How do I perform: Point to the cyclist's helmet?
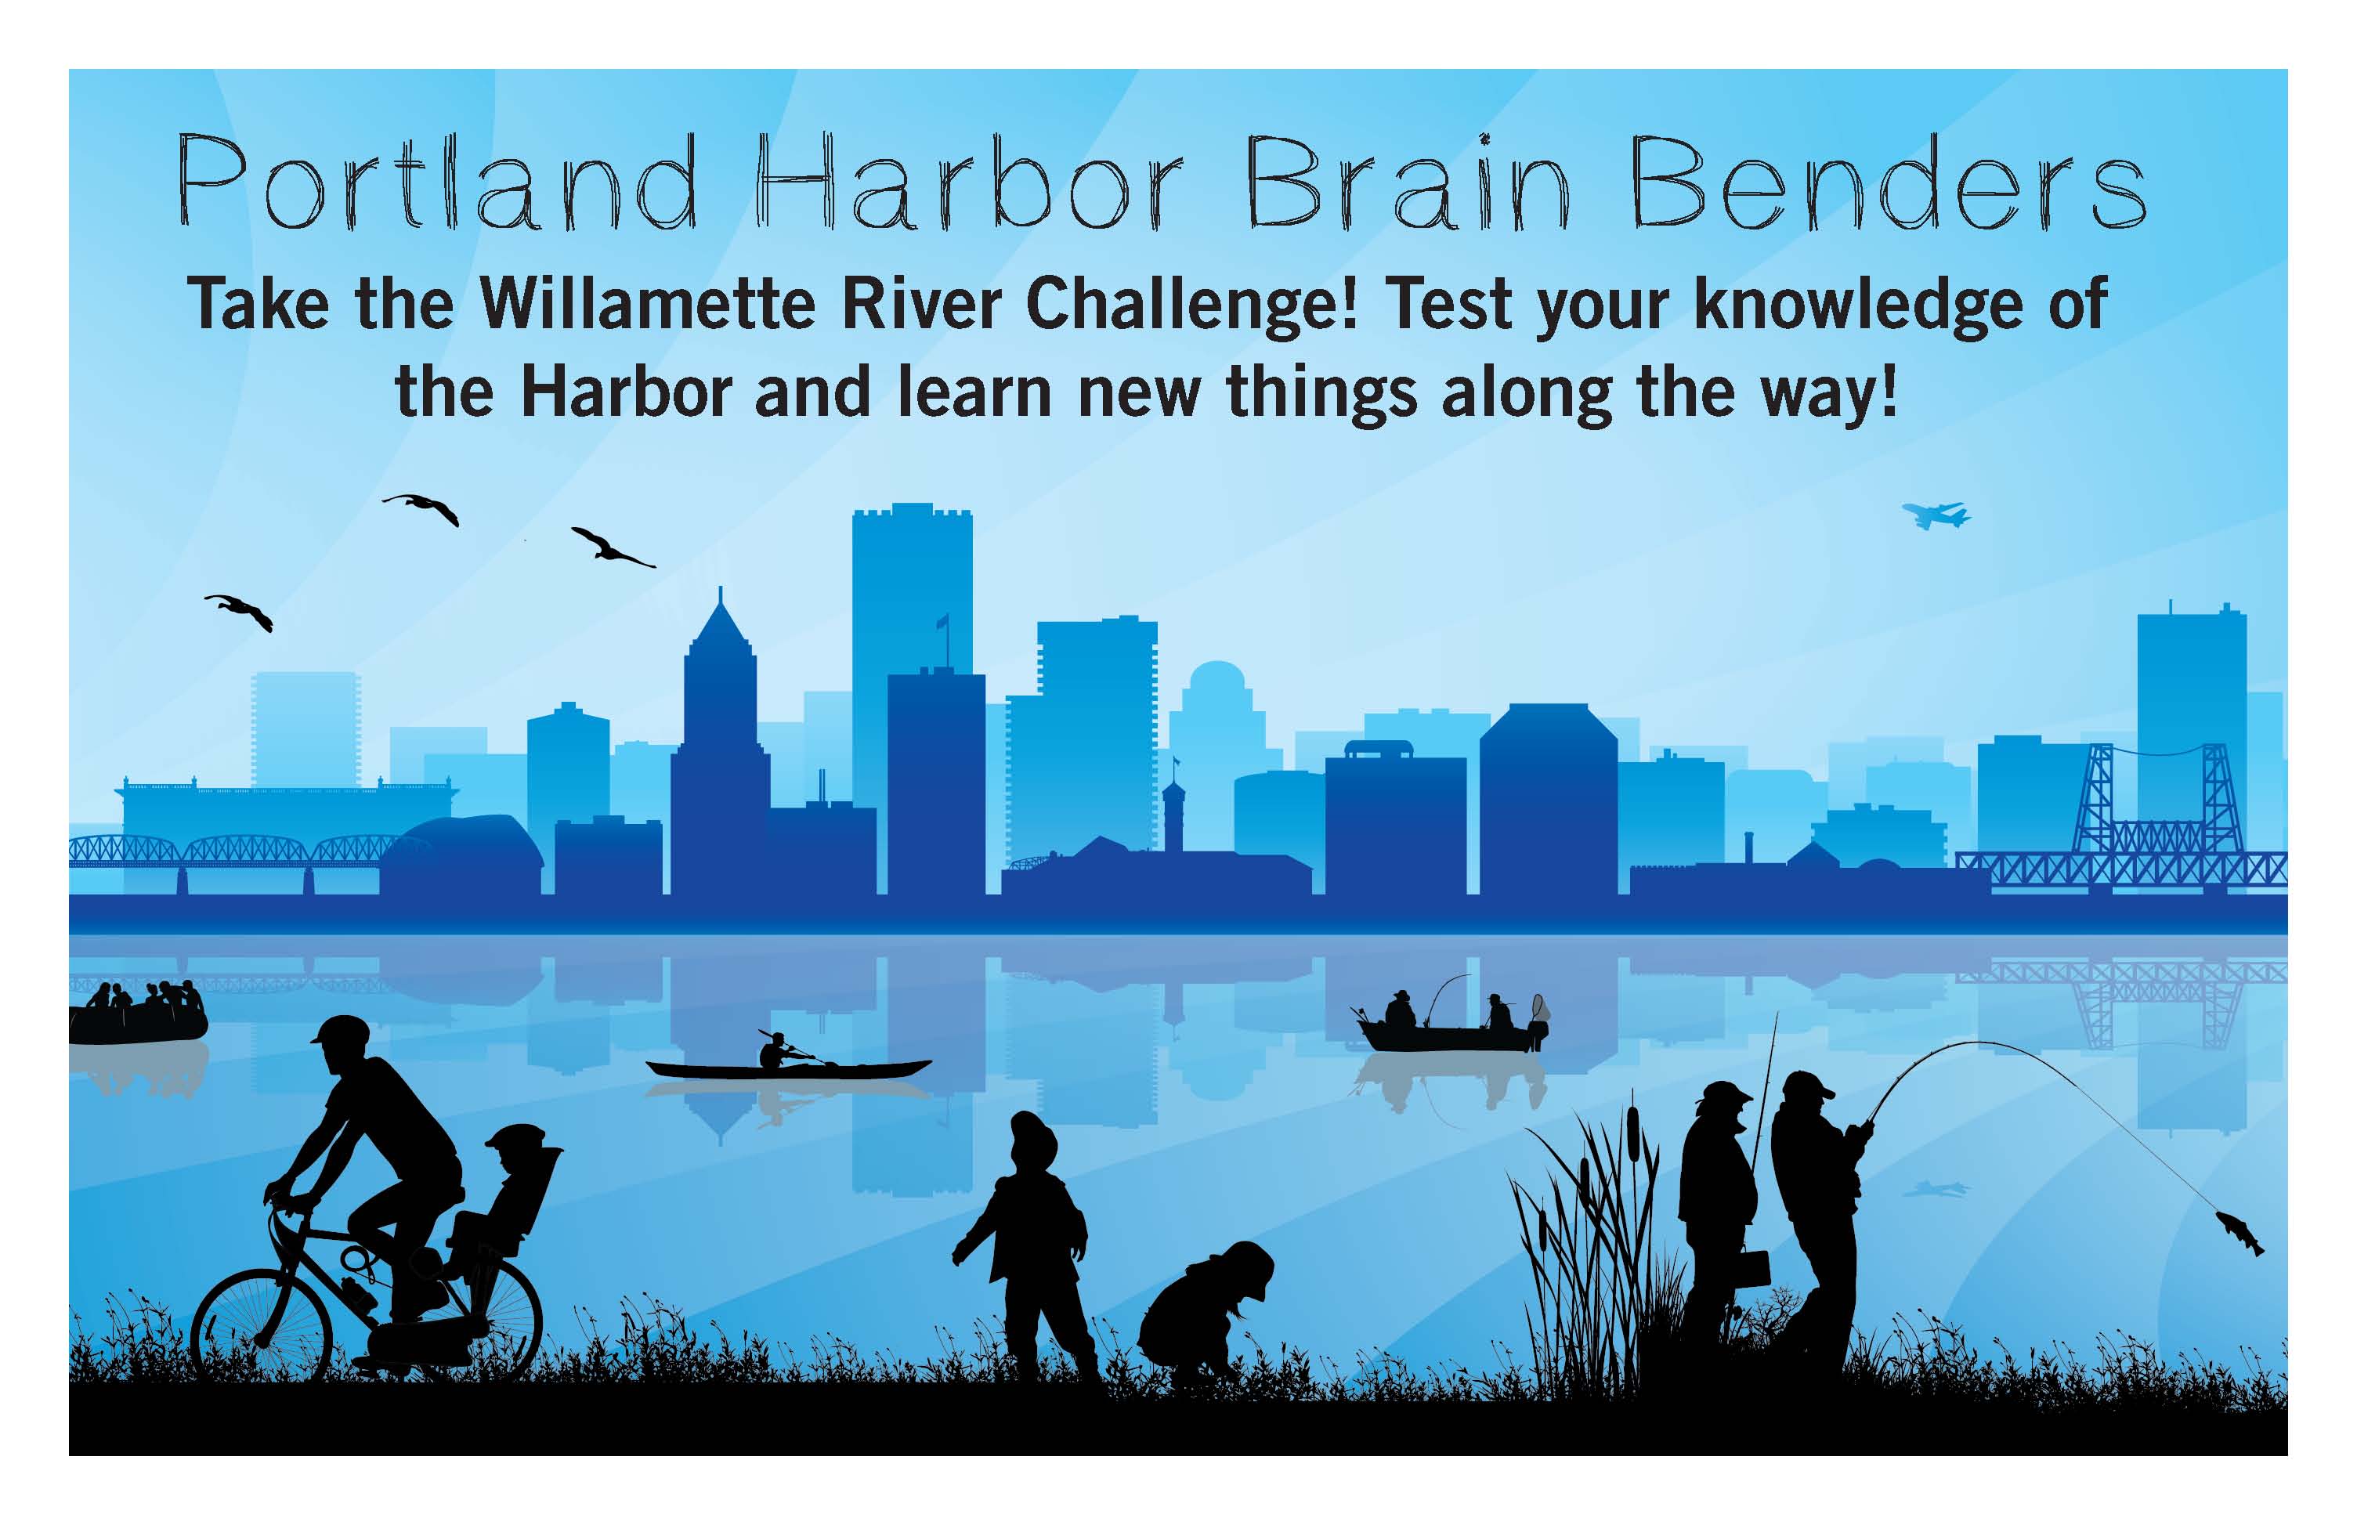(x=340, y=1030)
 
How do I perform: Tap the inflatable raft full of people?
(x=138, y=1012)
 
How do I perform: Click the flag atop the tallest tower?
(x=942, y=622)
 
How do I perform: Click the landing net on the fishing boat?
(x=1538, y=1007)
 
